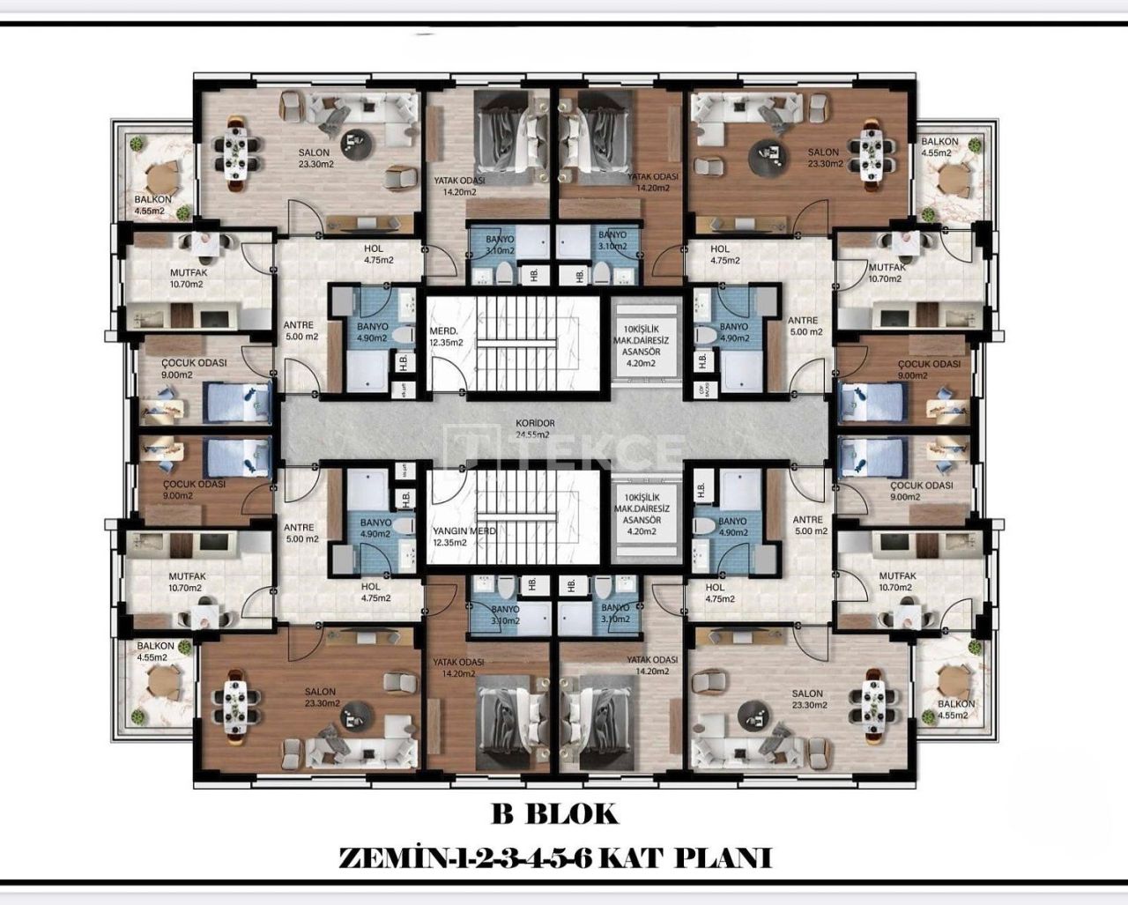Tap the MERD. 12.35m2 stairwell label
point(445,336)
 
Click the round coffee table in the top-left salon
point(357,138)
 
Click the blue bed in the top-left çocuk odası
point(237,402)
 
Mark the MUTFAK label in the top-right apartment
point(886,273)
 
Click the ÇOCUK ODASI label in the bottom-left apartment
point(194,490)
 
